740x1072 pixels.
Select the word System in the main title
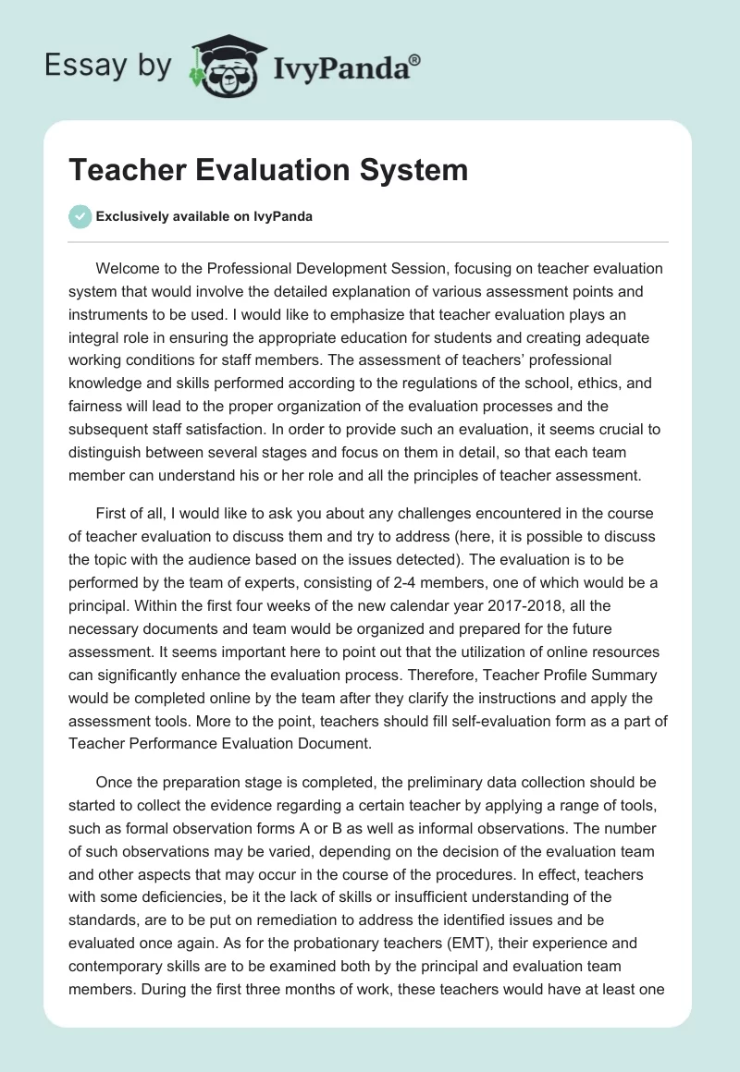420,170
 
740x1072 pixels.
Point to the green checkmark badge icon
80,216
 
